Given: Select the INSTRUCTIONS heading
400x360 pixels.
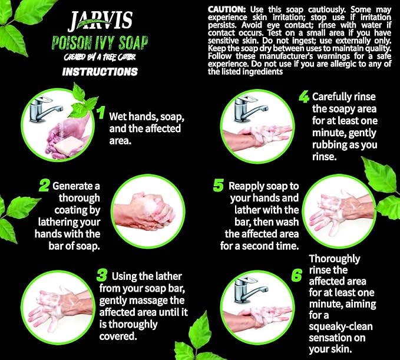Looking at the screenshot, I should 100,72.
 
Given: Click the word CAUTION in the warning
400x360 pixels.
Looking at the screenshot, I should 226,10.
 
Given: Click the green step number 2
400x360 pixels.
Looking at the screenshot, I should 44,186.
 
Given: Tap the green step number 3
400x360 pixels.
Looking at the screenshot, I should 101,276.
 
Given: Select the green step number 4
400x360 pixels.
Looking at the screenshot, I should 304,96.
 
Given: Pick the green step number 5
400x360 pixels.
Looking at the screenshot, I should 219,186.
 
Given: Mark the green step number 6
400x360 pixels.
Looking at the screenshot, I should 297,275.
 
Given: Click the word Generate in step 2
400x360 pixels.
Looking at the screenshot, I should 72,186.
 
